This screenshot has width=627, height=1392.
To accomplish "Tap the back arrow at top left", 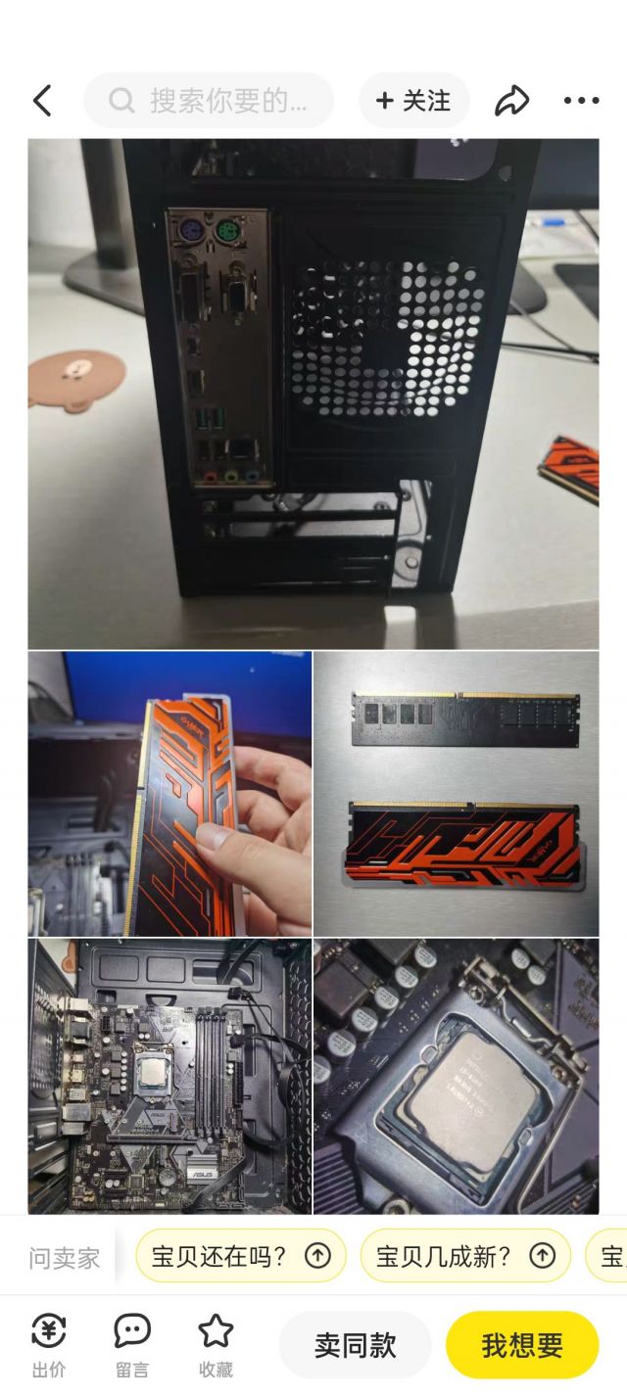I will (x=41, y=101).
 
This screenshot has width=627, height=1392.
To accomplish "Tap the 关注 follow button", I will (x=413, y=101).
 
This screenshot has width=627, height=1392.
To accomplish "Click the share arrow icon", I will (x=511, y=101).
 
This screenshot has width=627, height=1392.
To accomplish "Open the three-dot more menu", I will (x=581, y=101).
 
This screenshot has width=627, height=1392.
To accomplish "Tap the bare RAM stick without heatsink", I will (x=465, y=719).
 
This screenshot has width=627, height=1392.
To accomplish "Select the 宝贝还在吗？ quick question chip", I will (x=240, y=1256).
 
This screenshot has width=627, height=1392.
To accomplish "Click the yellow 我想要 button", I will (x=521, y=1345).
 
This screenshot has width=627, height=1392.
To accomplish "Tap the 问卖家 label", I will (x=65, y=1258).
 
